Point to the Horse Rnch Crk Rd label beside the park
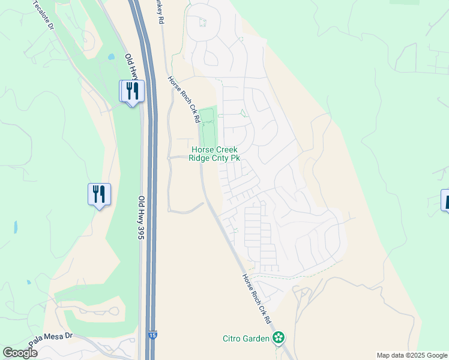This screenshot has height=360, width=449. click(183, 99)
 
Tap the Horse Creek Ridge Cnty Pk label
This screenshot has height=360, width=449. click(214, 154)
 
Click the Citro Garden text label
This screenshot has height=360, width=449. click(246, 338)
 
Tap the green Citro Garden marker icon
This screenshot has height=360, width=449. click(277, 338)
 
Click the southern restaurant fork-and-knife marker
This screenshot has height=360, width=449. click(100, 194)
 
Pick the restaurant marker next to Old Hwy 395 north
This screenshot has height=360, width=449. click(132, 91)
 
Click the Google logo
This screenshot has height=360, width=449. click(20, 353)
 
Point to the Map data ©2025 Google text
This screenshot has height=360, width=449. click(412, 355)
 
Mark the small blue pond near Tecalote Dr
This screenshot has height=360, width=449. click(111, 58)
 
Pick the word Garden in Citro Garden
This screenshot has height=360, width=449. click(256, 338)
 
